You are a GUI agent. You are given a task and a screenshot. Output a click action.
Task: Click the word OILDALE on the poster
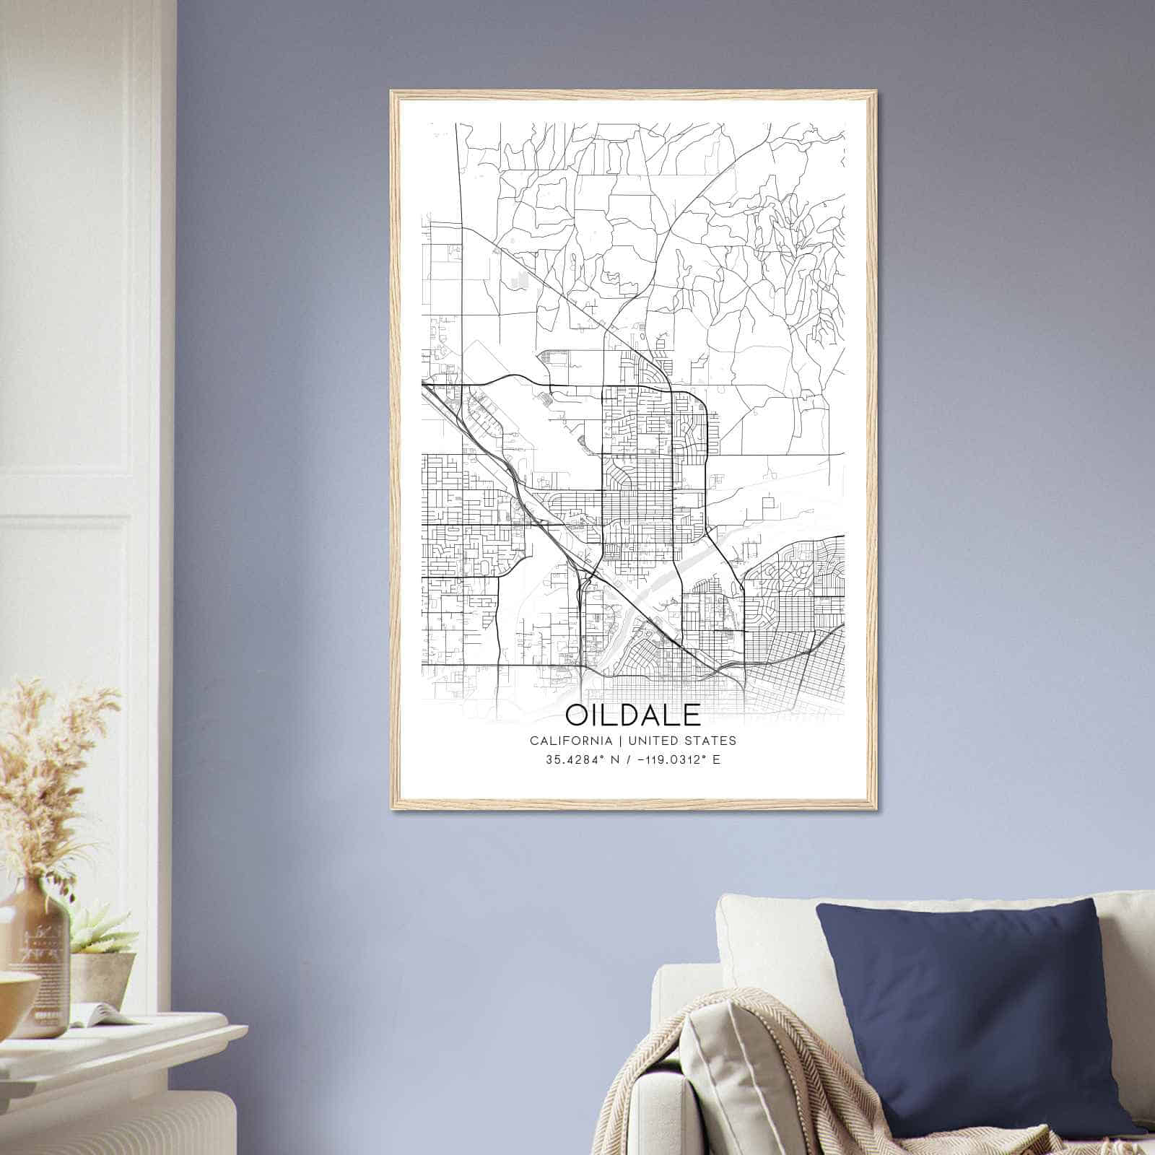coord(632,715)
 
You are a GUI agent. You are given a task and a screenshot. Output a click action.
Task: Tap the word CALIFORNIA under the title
coord(570,741)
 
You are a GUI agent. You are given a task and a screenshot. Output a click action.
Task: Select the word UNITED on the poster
coord(654,741)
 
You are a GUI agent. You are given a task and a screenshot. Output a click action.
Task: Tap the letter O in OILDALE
coord(580,715)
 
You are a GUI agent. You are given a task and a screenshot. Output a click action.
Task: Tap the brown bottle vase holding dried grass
coord(36,960)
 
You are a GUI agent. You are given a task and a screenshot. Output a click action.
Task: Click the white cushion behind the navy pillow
coord(765,938)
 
